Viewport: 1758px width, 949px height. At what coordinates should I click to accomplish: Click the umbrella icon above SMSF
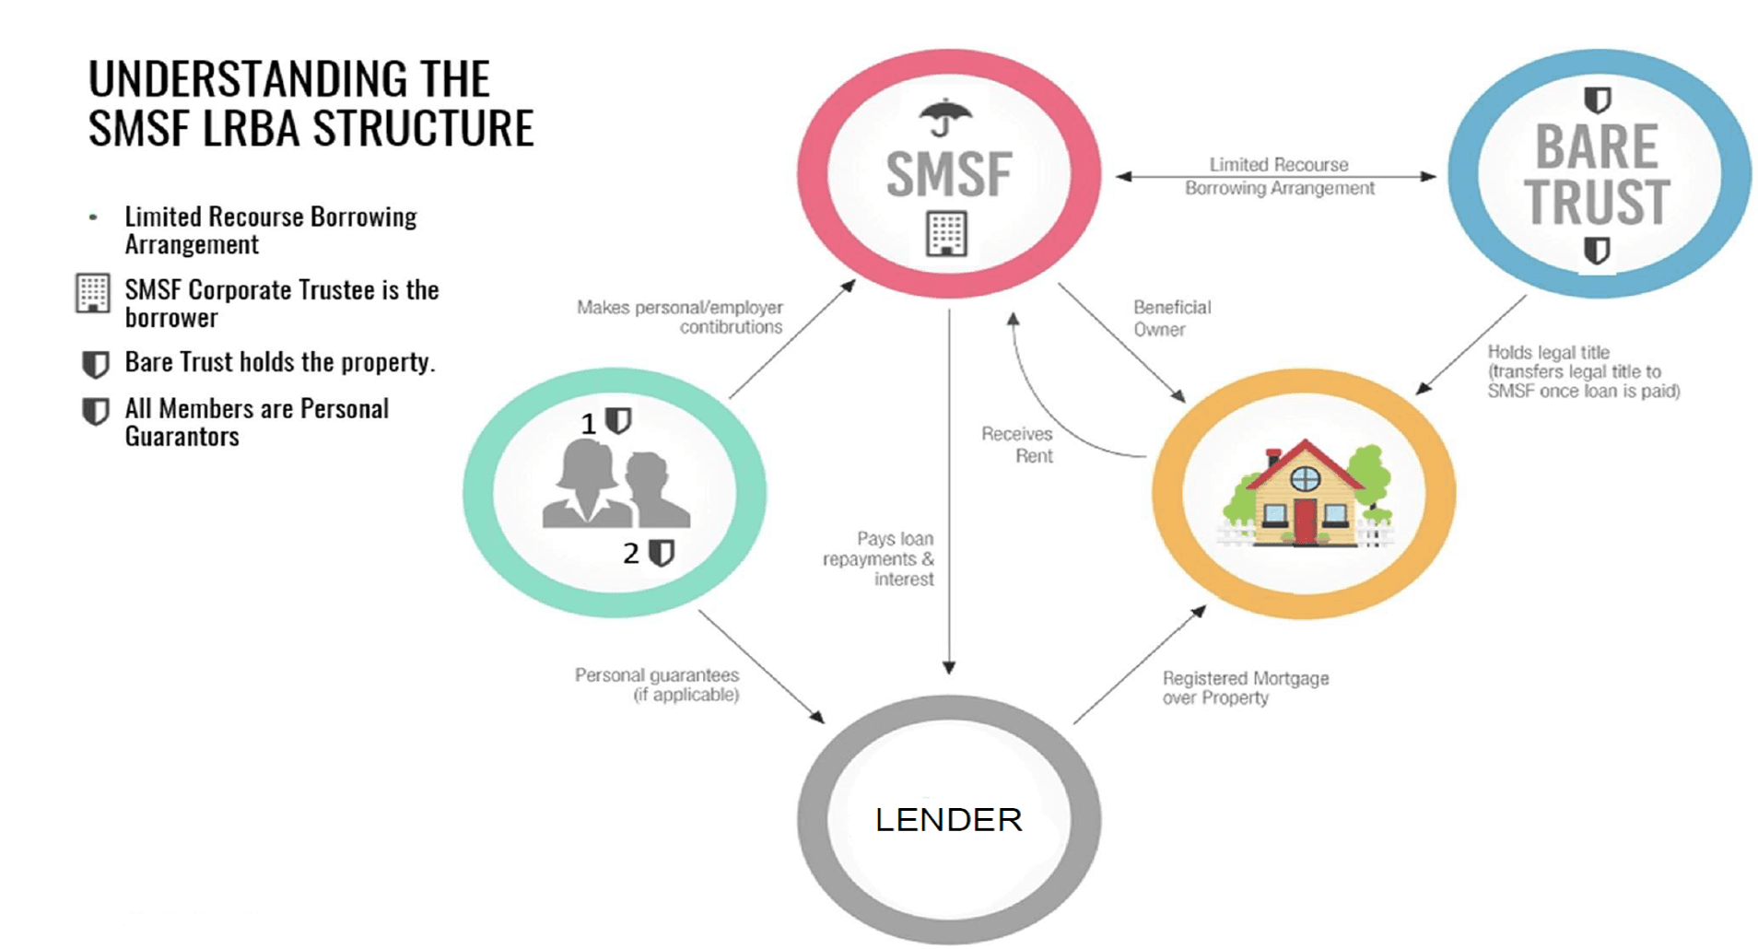point(944,117)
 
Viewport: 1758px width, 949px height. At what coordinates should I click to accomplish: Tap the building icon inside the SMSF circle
point(946,233)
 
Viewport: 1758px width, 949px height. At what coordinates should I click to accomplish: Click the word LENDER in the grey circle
point(948,820)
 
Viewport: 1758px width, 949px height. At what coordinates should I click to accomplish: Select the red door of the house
point(1304,521)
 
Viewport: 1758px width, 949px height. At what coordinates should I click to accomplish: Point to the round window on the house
point(1305,478)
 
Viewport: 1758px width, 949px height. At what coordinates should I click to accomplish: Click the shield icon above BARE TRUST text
point(1597,100)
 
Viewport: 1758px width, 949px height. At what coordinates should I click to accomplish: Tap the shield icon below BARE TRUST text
point(1597,250)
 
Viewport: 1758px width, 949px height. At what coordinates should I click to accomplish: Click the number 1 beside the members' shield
point(588,424)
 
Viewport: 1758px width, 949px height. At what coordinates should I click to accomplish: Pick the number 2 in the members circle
point(630,554)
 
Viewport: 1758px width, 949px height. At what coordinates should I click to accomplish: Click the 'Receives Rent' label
point(1018,444)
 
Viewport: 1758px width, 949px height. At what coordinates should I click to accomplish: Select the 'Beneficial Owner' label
point(1171,318)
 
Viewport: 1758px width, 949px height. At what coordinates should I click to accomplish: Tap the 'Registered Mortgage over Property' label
point(1244,687)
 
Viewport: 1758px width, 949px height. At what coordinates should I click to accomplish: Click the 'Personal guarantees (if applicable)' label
point(657,685)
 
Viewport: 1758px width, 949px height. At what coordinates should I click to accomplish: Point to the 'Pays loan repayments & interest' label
point(879,558)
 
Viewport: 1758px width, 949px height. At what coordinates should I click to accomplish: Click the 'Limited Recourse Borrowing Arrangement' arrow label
point(1279,176)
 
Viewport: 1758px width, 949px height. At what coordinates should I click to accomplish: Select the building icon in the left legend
point(92,294)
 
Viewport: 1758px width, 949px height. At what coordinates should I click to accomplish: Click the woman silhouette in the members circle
point(582,484)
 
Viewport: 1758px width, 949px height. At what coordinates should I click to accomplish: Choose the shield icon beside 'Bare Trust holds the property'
point(95,364)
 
